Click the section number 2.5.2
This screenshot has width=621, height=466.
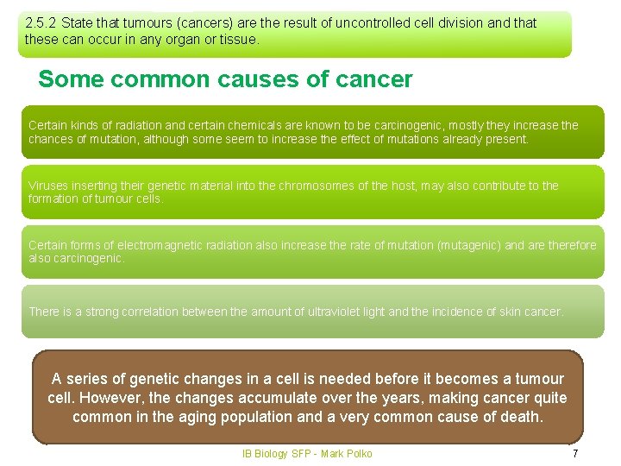click(41, 23)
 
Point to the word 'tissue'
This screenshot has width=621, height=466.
click(236, 40)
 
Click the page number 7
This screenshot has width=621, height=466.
click(575, 454)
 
